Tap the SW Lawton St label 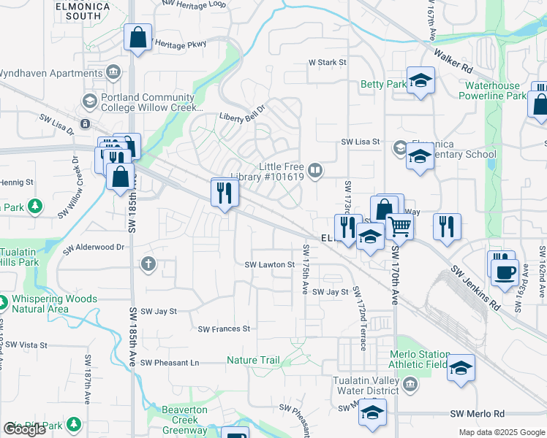click(x=269, y=265)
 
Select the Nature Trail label click(x=253, y=360)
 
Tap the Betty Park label click(x=383, y=85)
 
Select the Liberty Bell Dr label click(x=245, y=116)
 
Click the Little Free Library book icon click(x=315, y=170)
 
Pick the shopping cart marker click(x=399, y=228)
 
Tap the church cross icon click(x=148, y=264)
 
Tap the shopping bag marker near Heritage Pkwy click(x=137, y=38)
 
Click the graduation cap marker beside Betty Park click(x=420, y=81)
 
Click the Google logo click(x=23, y=429)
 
